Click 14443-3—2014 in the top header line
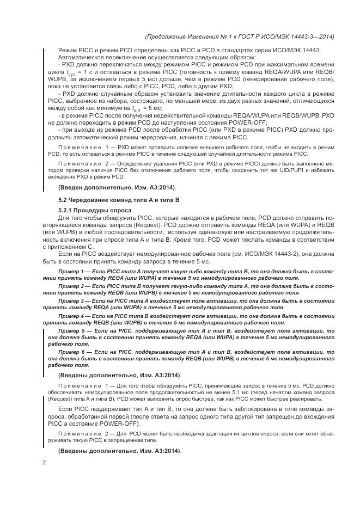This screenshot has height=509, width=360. tap(313, 36)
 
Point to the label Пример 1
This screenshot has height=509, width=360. tap(71, 271)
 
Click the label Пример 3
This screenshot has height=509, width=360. tap(71, 300)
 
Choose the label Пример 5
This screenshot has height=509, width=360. tap(72, 330)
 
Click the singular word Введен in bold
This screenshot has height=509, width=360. tap(72, 187)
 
